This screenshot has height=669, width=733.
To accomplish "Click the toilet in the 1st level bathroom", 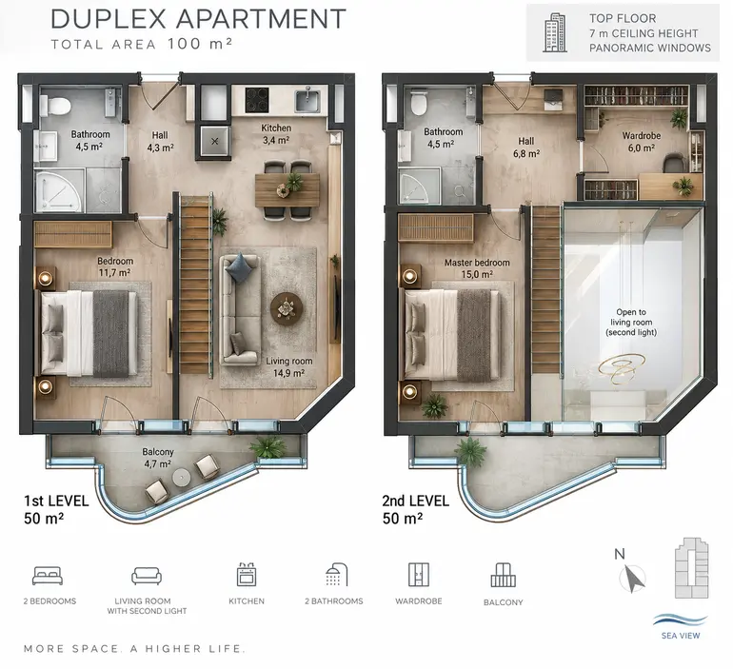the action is point(54,105).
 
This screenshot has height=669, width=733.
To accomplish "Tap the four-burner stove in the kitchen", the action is point(257,100).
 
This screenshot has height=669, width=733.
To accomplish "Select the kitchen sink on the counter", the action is point(307,101).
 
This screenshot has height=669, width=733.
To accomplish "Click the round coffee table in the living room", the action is point(287,308).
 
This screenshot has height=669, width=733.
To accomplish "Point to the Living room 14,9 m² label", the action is point(288,366).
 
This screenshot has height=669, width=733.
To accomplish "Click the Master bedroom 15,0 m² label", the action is point(477,268).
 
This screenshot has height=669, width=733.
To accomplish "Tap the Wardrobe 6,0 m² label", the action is point(641,142).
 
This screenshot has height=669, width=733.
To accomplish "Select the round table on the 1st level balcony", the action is point(182,478).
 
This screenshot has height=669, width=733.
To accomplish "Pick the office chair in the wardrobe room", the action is point(675,164).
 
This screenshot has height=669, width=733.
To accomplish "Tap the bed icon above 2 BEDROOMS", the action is point(48,576).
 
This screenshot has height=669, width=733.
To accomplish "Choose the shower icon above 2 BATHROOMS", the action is point(337,574).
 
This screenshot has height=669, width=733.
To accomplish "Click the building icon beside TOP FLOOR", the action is point(555,32).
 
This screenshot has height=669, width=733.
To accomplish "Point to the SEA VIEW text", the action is point(681,636).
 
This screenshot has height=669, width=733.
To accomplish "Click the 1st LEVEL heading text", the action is point(56,502).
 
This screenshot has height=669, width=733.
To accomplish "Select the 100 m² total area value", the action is point(200,44).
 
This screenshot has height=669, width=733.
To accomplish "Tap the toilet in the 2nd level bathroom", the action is point(419,103).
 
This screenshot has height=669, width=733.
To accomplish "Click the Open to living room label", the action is point(631,323).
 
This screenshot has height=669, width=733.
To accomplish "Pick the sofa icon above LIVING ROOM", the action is point(147,576).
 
